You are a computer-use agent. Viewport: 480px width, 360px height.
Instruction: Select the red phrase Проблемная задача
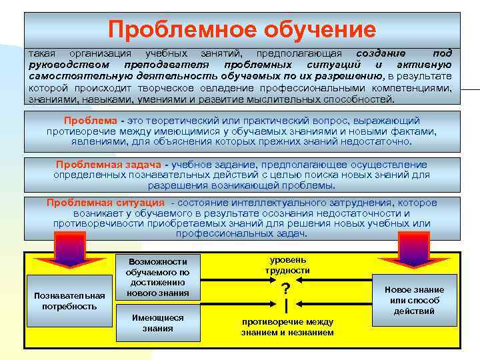click(x=109, y=165)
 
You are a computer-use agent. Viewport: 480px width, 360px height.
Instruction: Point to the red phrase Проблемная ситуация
click(x=105, y=203)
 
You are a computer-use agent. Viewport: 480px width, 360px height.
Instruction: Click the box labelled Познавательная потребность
click(x=70, y=301)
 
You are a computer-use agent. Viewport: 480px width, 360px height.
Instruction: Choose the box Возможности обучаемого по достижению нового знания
click(x=157, y=277)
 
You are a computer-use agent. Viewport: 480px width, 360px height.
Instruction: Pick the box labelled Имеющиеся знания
click(x=157, y=323)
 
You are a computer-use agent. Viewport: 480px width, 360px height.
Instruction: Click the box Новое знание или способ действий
click(x=414, y=300)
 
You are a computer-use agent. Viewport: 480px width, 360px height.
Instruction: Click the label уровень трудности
click(x=287, y=265)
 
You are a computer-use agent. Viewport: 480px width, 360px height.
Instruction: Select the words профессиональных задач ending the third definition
click(x=241, y=234)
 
